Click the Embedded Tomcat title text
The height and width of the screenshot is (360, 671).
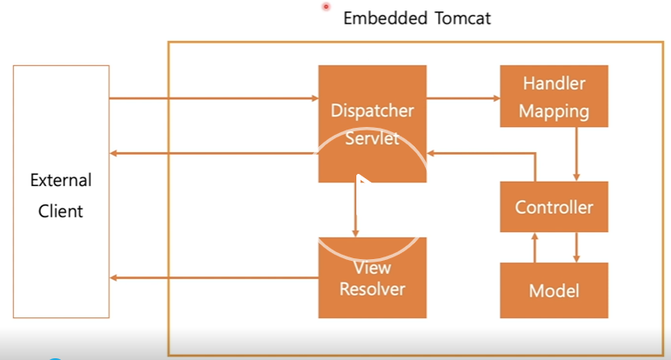tap(417, 18)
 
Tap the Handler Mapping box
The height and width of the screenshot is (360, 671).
tap(554, 96)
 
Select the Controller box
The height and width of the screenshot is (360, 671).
tap(554, 207)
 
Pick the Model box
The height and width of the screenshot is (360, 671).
tap(554, 290)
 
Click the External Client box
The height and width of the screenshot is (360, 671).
tap(61, 191)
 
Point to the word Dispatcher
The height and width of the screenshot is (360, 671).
tap(372, 110)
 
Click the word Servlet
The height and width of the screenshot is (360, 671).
tap(372, 138)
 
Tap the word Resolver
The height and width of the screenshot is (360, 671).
tap(372, 289)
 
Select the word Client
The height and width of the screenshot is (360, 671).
tap(60, 211)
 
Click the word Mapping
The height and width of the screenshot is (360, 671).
tap(554, 111)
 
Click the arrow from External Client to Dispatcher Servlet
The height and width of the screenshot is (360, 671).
tap(214, 98)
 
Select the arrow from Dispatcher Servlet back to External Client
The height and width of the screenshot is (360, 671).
tap(214, 153)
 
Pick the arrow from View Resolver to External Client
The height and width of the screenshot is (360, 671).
tap(214, 277)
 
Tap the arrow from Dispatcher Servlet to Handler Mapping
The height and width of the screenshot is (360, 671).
tap(463, 98)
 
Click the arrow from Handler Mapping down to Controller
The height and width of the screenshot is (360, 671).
tap(576, 154)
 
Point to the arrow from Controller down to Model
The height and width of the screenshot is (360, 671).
tap(576, 248)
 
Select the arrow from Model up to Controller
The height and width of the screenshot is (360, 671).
tap(535, 248)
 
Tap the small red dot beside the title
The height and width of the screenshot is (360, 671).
tap(326, 6)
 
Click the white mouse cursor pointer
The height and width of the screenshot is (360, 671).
tap(362, 181)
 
